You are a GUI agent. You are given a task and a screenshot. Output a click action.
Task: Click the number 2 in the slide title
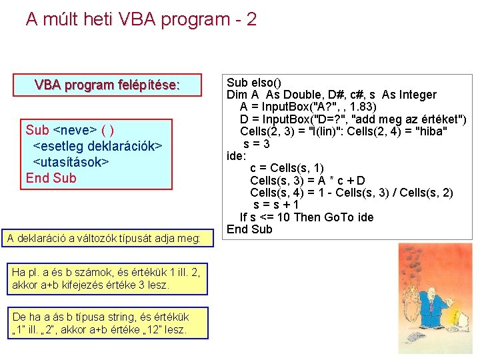click(251, 19)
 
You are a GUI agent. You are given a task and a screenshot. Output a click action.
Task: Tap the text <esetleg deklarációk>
click(97, 146)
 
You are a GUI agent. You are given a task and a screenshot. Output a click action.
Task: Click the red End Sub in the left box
click(51, 178)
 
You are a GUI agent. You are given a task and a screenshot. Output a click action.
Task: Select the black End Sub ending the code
click(249, 229)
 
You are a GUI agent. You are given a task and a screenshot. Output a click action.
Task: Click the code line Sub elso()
click(254, 83)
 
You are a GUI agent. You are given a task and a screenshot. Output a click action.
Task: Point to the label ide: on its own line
click(236, 156)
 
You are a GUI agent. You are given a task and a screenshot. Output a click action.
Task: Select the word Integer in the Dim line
click(416, 95)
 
